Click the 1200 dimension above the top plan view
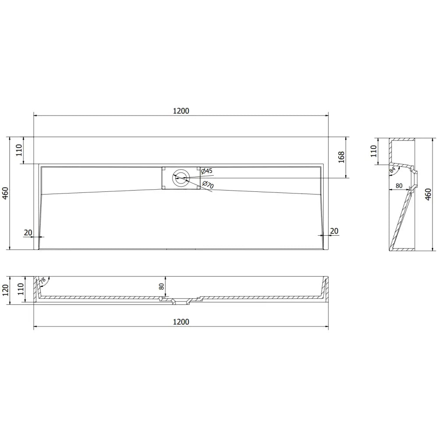click(180, 111)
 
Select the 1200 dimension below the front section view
click(180, 322)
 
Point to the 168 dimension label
click(342, 157)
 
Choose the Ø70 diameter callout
click(208, 185)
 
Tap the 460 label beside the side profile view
click(429, 194)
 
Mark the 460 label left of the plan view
click(5, 193)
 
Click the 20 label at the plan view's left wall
click(28, 232)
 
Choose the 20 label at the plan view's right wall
click(334, 231)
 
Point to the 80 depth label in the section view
click(161, 286)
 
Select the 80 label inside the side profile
click(399, 186)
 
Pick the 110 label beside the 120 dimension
click(20, 290)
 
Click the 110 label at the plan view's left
click(18, 150)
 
